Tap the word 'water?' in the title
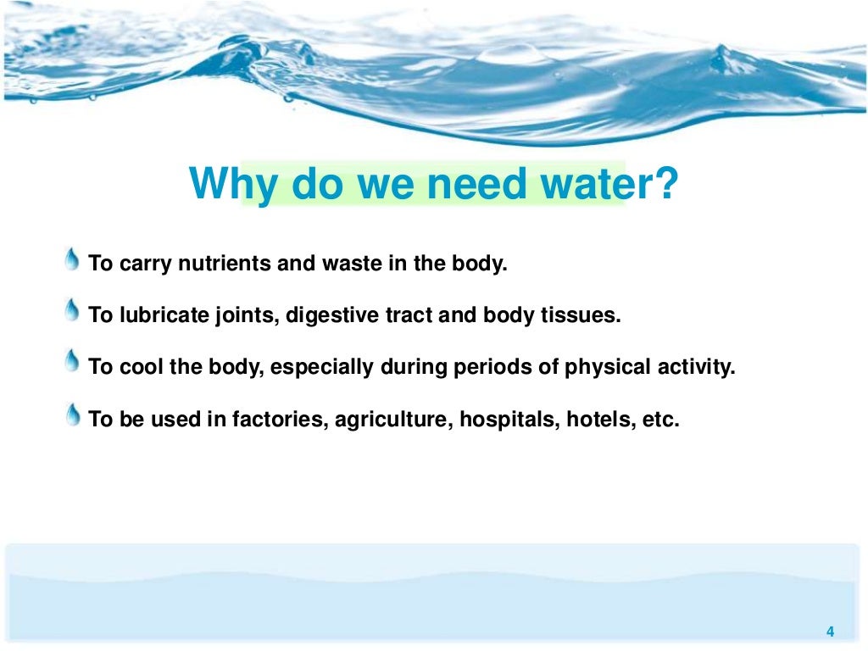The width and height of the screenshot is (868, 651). tap(611, 184)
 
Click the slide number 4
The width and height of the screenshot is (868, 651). tap(830, 631)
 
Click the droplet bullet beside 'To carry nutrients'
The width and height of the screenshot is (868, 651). tap(74, 260)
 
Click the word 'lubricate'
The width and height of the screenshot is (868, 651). tap(157, 316)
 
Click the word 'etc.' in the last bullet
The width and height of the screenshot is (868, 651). tap(661, 420)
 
